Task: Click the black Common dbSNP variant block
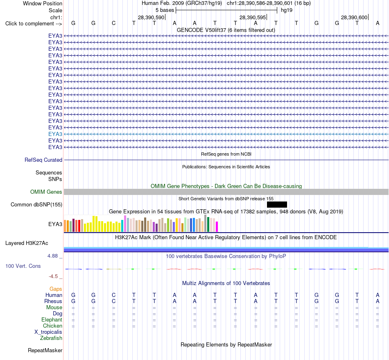[x=277, y=204]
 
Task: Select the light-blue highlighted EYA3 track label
[x=55, y=134]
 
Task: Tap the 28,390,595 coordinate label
[x=252, y=17]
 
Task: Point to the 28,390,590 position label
[x=151, y=17]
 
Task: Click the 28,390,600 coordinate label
[x=354, y=17]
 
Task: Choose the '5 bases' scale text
[x=165, y=10]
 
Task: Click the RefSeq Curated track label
[x=43, y=160]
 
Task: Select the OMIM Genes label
[x=46, y=192]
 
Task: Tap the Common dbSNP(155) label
[x=36, y=204]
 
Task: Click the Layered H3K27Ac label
[x=27, y=243]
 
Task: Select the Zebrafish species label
[x=51, y=338]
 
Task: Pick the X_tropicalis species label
[x=48, y=332]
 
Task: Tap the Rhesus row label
[x=53, y=301]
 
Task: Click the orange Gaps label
[x=56, y=289]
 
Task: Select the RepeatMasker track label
[x=45, y=350]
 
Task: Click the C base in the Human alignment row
[x=113, y=295]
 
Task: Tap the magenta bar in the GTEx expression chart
[x=217, y=226]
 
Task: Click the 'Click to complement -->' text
[x=34, y=24]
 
